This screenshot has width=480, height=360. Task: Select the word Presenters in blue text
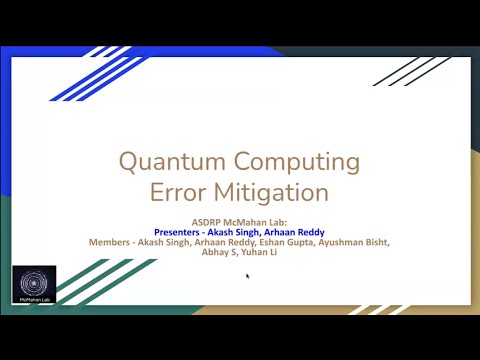[183, 231]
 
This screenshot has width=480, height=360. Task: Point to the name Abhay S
[212, 253]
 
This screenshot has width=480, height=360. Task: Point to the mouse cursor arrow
[247, 275]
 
